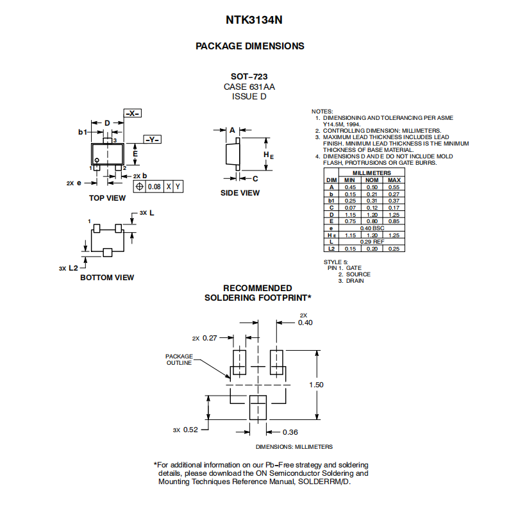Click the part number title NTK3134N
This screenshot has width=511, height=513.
[x=254, y=20]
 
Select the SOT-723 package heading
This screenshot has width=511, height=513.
[x=249, y=76]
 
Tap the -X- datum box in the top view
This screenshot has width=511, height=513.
[x=133, y=114]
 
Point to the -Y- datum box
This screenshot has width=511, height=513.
[x=153, y=139]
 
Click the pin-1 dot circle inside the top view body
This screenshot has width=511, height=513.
[x=97, y=160]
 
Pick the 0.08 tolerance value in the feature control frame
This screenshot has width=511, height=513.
[x=154, y=187]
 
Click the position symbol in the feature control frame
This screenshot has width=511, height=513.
[x=139, y=187]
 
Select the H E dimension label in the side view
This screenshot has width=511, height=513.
[x=269, y=155]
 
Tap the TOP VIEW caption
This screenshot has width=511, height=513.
[x=107, y=198]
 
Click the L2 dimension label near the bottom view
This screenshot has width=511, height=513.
[x=73, y=268]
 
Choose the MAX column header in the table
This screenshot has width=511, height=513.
[x=394, y=180]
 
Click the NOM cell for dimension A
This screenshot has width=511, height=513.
[x=372, y=187]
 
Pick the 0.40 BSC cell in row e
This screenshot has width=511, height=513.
[x=373, y=228]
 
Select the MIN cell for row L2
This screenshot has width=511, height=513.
[x=350, y=249]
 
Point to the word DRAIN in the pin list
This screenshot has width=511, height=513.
[x=355, y=281]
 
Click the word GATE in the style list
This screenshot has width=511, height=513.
[x=354, y=268]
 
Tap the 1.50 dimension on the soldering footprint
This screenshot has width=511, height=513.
[x=316, y=385]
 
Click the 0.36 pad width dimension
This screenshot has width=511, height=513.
[x=290, y=432]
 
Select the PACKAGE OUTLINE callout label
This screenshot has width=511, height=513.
[x=179, y=360]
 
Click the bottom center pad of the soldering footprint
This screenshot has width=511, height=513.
[x=258, y=407]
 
